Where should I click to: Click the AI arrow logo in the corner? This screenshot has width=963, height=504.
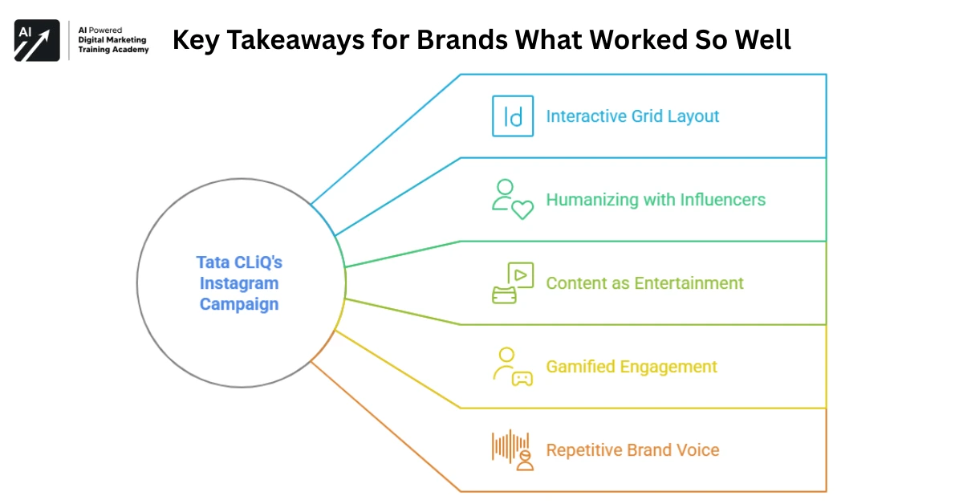pyautogui.click(x=37, y=41)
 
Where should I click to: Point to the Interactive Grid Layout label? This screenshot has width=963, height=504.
pyautogui.click(x=632, y=116)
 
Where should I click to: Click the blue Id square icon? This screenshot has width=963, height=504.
pyautogui.click(x=513, y=116)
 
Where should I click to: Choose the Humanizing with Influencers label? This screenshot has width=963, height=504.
pyautogui.click(x=656, y=200)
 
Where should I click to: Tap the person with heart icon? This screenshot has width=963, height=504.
pyautogui.click(x=512, y=200)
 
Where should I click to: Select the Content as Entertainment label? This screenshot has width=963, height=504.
pyautogui.click(x=644, y=283)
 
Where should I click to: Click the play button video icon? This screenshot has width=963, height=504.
pyautogui.click(x=519, y=276)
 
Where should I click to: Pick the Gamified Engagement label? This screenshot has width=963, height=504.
pyautogui.click(x=632, y=367)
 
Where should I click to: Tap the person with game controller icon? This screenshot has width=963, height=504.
pyautogui.click(x=512, y=367)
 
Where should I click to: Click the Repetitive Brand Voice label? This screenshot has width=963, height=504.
pyautogui.click(x=632, y=450)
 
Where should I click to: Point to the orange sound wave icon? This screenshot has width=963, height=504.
pyautogui.click(x=512, y=449)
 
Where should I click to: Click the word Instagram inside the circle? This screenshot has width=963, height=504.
pyautogui.click(x=239, y=283)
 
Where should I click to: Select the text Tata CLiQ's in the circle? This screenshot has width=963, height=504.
pyautogui.click(x=239, y=262)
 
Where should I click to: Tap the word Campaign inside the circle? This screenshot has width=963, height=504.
pyautogui.click(x=239, y=304)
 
